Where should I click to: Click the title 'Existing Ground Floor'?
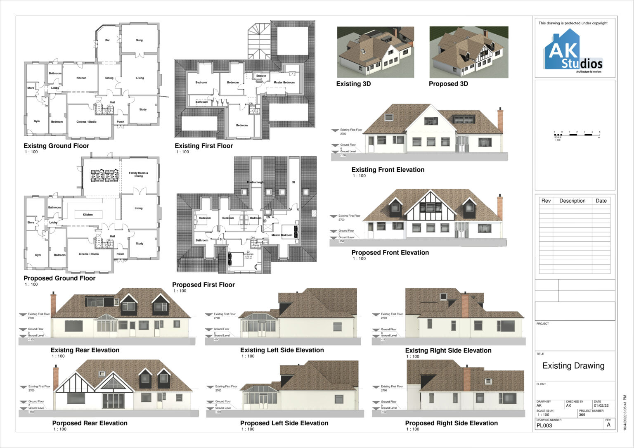pyautogui.click(x=56, y=146)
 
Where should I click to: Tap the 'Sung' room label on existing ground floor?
pyautogui.click(x=139, y=40)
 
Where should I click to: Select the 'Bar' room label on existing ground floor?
pyautogui.click(x=107, y=40)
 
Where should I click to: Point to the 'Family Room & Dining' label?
pyautogui.click(x=138, y=174)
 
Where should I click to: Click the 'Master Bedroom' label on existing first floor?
pyautogui.click(x=284, y=82)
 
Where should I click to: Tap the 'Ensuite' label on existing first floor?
pyautogui.click(x=261, y=76)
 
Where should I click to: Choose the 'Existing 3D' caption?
pyautogui.click(x=353, y=84)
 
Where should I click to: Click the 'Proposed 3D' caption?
pyautogui.click(x=448, y=84)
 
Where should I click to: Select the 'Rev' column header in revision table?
pyautogui.click(x=546, y=201)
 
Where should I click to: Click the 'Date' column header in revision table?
pyautogui.click(x=601, y=201)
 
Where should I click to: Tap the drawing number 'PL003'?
pyautogui.click(x=544, y=426)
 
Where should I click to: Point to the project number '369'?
pyautogui.click(x=582, y=415)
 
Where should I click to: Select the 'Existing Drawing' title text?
pyautogui.click(x=573, y=366)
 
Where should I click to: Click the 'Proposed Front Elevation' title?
pyautogui.click(x=390, y=253)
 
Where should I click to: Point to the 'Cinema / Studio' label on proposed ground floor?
pyautogui.click(x=89, y=254)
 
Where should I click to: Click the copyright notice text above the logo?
pyautogui.click(x=573, y=23)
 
